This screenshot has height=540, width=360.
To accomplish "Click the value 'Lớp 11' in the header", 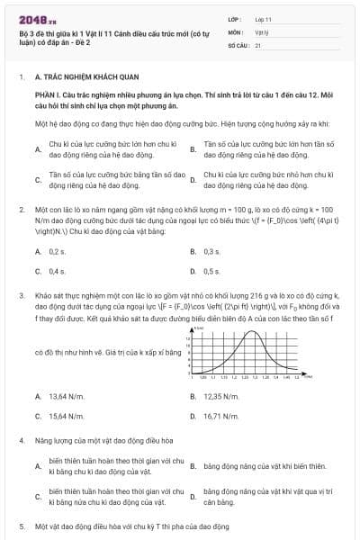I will click(x=264, y=18).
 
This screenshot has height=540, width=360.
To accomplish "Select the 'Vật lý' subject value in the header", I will click(x=262, y=31).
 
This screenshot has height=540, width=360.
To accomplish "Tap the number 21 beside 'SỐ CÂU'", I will click(x=258, y=43).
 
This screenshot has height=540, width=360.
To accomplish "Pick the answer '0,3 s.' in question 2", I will click(x=212, y=251).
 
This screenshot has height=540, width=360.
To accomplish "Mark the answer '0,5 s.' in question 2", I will click(x=212, y=270).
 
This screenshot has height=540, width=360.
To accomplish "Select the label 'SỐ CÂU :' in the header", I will click(x=238, y=43).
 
